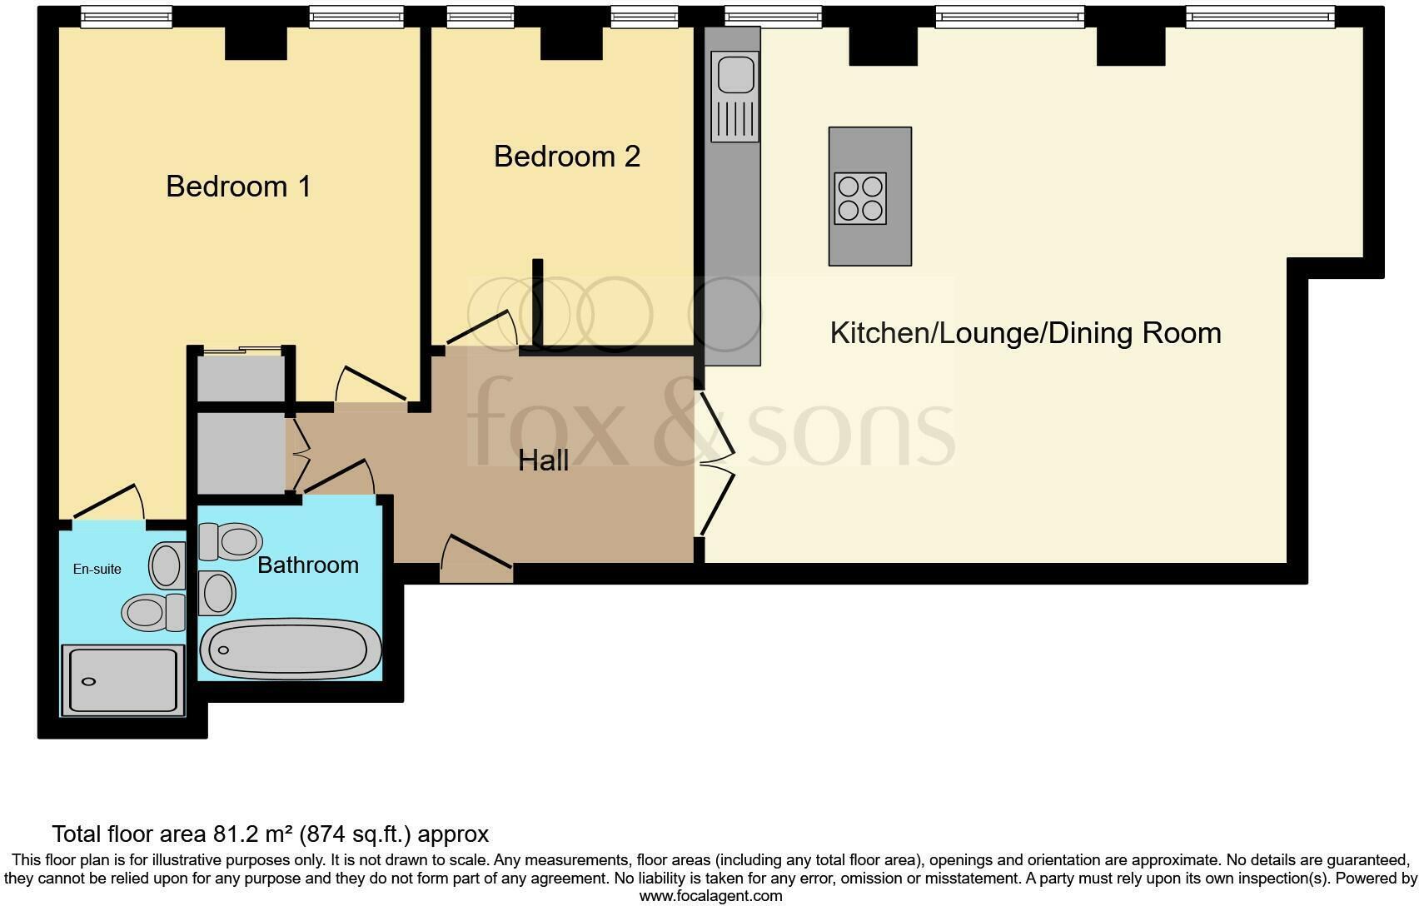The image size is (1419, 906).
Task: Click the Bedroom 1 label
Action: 238,186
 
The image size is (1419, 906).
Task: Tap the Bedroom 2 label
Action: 566,156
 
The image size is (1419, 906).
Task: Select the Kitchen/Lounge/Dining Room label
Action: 1025,333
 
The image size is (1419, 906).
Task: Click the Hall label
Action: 543,460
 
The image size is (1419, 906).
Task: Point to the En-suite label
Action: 97,569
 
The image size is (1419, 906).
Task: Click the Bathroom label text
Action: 307,565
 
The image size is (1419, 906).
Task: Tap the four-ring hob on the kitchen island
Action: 859,198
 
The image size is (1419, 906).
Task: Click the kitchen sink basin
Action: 734,73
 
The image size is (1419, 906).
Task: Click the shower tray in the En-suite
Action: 122,680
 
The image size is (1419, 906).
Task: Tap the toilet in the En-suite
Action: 153,613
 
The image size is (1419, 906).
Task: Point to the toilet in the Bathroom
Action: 230,542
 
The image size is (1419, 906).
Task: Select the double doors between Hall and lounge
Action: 716,463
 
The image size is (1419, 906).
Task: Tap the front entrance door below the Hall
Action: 475,557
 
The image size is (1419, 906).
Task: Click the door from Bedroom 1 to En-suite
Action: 108,503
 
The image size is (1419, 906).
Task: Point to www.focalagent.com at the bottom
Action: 710,896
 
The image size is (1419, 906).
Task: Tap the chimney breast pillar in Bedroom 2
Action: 571,43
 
